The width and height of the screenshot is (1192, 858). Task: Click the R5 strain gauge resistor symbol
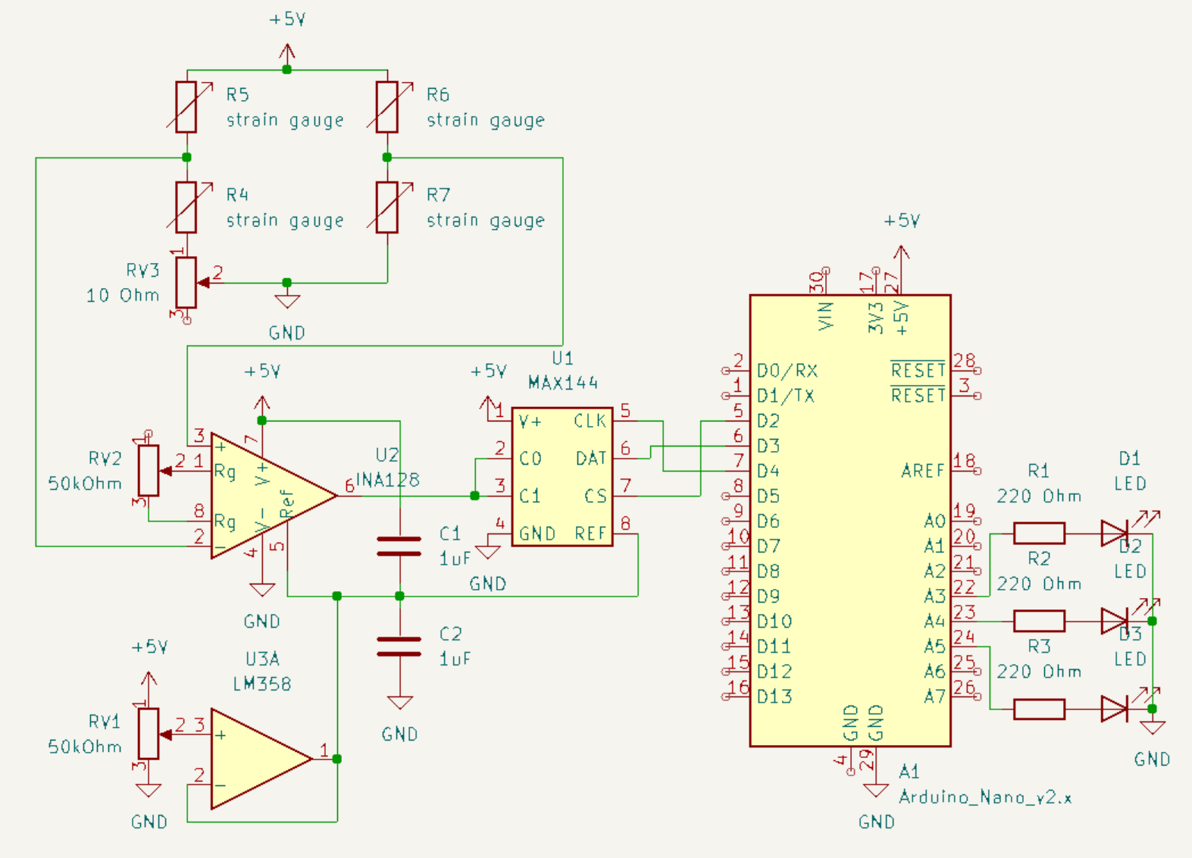pyautogui.click(x=186, y=108)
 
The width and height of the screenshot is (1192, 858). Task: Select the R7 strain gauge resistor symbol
pyautogui.click(x=387, y=208)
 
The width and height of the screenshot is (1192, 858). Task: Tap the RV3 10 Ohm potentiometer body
pyautogui.click(x=186, y=283)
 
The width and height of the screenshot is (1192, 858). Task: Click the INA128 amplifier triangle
pyautogui.click(x=265, y=496)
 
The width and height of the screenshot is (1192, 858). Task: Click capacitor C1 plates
pyautogui.click(x=399, y=546)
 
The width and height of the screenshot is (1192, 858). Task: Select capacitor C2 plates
pyautogui.click(x=399, y=647)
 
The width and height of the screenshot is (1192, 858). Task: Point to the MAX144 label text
pyautogui.click(x=562, y=383)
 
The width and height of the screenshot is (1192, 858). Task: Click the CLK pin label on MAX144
pyautogui.click(x=590, y=421)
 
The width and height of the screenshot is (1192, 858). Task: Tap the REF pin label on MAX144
pyautogui.click(x=590, y=534)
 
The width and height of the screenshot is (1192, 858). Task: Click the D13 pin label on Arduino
pyautogui.click(x=774, y=697)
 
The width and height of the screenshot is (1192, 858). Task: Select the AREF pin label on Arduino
pyautogui.click(x=922, y=471)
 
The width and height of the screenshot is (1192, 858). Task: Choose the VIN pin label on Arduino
pyautogui.click(x=826, y=315)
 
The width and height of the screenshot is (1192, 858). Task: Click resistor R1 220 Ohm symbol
pyautogui.click(x=1039, y=534)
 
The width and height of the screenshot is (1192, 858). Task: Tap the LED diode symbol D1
pyautogui.click(x=1114, y=534)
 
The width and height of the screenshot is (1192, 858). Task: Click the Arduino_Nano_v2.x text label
pyautogui.click(x=985, y=797)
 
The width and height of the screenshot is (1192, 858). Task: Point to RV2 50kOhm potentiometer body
pyautogui.click(x=149, y=471)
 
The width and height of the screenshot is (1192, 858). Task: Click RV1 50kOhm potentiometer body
pyautogui.click(x=149, y=734)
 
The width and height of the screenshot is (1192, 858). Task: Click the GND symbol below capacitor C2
pyautogui.click(x=399, y=703)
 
